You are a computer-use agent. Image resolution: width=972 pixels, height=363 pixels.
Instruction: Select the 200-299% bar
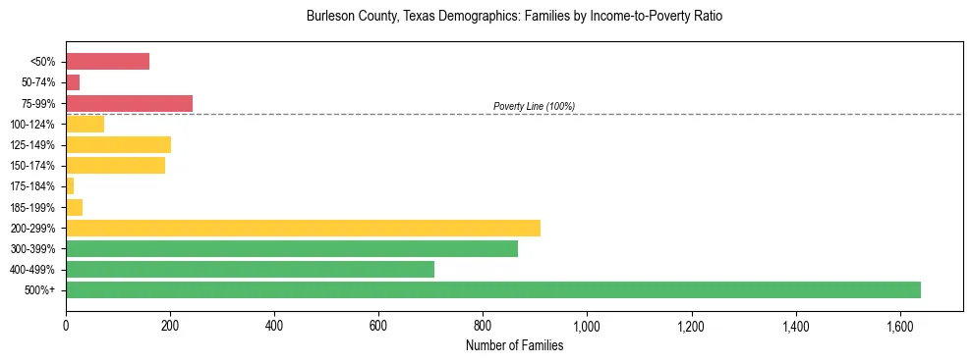point(303,228)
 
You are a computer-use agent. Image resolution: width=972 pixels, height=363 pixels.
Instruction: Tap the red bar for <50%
point(108,62)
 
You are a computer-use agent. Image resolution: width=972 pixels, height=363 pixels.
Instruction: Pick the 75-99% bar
point(129,103)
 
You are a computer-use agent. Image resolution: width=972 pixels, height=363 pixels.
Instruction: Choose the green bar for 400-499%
point(250,269)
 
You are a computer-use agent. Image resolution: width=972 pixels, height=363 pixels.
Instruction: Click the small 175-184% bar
point(70,186)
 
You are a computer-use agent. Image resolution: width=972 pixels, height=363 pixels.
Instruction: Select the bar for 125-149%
point(119,145)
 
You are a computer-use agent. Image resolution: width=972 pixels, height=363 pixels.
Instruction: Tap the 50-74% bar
point(73,82)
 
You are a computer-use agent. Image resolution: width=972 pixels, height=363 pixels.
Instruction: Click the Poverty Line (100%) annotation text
point(534,106)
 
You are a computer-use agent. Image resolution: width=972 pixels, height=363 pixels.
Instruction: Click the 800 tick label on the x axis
point(483,326)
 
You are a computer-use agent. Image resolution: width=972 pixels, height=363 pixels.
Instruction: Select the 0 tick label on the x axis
point(66,326)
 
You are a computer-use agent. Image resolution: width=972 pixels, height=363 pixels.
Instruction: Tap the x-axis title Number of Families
point(514,345)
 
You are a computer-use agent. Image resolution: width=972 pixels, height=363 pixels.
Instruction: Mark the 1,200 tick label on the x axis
point(692,326)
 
